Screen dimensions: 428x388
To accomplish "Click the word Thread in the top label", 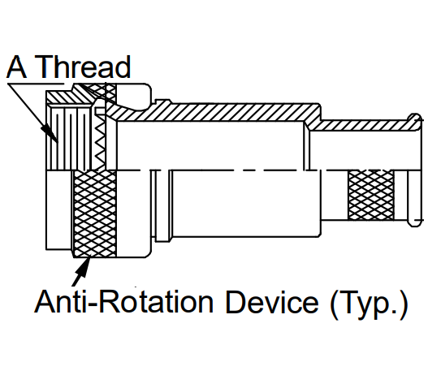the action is point(83,67).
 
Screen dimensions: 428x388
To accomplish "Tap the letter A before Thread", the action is point(16,67).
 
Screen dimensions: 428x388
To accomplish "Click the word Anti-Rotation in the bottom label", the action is point(123,302).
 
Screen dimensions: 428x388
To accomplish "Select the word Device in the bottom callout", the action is point(272,302).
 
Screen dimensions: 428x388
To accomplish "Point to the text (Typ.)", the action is point(369,305).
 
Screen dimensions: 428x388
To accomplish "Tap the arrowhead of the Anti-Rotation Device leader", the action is point(84,267).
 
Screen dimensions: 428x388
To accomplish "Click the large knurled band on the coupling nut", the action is point(95,213).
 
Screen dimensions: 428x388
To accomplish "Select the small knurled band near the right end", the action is point(371,196).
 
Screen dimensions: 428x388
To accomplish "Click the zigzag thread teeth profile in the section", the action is point(100,139).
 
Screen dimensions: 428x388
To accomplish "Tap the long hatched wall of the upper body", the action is point(218,111).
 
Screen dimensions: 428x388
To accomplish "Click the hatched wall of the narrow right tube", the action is point(363,125).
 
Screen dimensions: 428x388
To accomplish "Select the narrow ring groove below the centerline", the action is point(162,205).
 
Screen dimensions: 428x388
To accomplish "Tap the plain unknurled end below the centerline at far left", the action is point(59,210).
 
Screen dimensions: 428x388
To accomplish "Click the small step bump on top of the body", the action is point(163,101).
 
